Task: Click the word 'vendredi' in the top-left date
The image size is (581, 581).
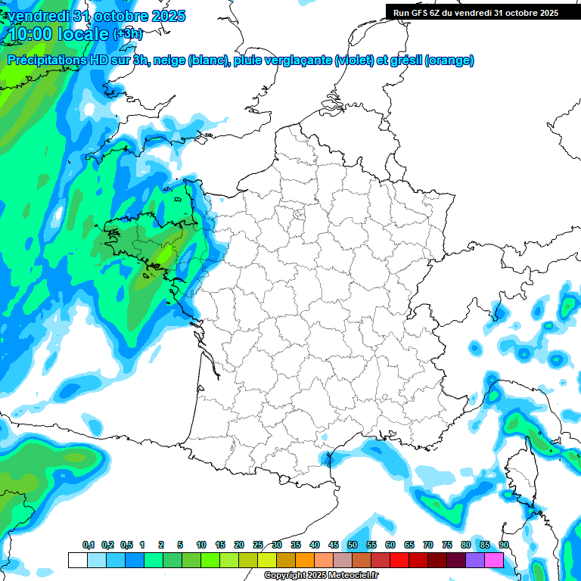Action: (37, 16)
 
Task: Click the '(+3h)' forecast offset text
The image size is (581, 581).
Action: (127, 35)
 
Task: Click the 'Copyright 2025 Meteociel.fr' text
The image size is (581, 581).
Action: (322, 576)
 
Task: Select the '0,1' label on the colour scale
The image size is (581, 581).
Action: (89, 545)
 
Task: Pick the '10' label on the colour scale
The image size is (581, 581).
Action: (201, 545)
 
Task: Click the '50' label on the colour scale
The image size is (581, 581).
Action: (353, 545)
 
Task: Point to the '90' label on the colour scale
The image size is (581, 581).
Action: (504, 545)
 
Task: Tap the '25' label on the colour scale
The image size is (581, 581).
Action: (258, 545)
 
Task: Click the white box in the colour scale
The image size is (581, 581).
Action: (77, 560)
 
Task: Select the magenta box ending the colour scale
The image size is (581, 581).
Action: (493, 560)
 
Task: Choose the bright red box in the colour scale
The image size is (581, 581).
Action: (399, 560)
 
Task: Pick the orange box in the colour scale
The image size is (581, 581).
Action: (304, 560)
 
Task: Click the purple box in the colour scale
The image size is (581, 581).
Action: (474, 560)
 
